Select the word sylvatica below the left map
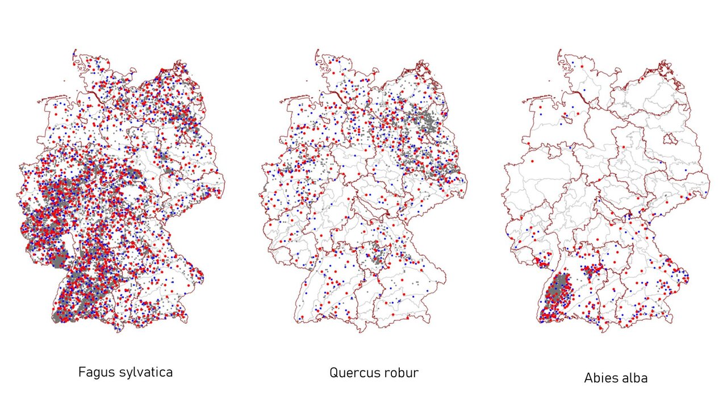click(x=144, y=373)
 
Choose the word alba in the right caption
click(x=635, y=378)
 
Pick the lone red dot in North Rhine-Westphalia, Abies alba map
click(x=532, y=161)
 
